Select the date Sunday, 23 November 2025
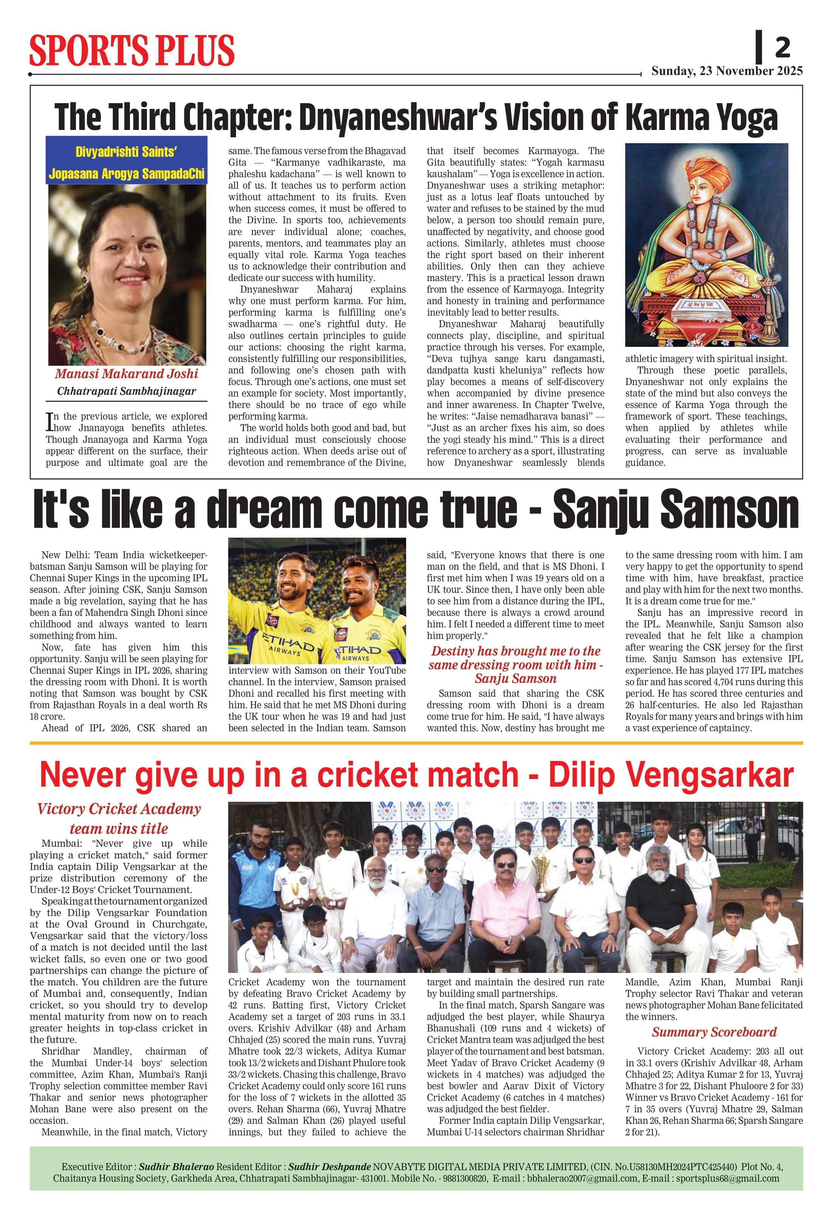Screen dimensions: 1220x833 coord(726,71)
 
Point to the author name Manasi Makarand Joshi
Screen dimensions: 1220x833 coord(127,374)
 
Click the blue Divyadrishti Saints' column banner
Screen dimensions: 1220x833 coord(127,162)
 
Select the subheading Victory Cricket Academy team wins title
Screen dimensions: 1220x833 coord(119,818)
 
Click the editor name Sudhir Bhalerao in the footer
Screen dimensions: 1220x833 coord(176,1166)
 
